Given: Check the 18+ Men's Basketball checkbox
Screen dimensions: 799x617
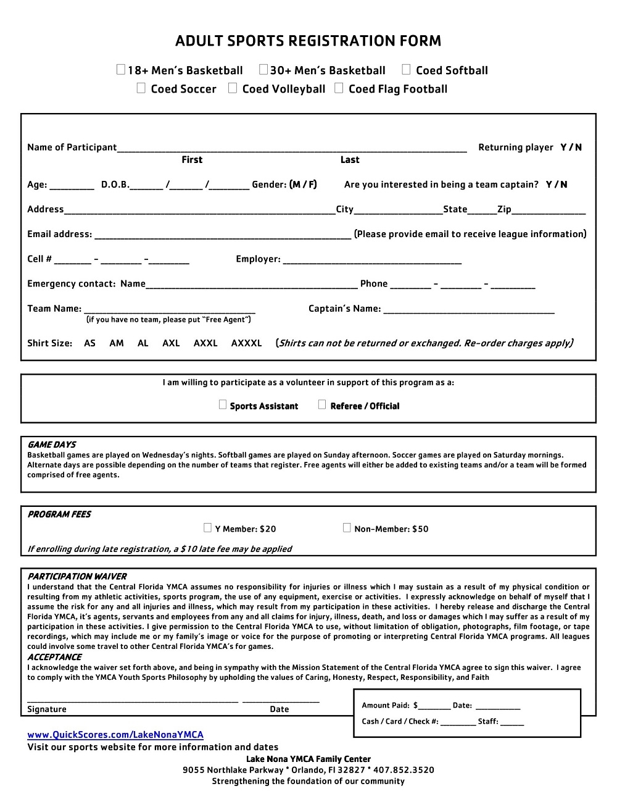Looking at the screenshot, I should click(121, 70).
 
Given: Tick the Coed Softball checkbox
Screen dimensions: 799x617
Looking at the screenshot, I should click(406, 70).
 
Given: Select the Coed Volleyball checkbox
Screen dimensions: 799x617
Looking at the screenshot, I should click(233, 88).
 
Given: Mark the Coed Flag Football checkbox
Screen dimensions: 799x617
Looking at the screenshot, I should click(339, 88).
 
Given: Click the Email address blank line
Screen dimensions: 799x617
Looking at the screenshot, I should click(223, 235).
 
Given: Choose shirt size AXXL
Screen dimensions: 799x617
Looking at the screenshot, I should click(205, 343).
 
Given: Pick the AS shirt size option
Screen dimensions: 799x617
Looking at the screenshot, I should click(90, 343).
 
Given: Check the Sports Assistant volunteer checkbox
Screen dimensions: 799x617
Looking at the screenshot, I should click(223, 405).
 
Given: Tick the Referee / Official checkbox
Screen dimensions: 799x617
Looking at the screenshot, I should click(322, 405).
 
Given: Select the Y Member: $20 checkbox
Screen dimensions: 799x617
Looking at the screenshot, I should click(208, 528).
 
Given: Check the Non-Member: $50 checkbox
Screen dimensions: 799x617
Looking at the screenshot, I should click(347, 528).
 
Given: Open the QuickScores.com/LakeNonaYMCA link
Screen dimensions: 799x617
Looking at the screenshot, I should click(115, 735).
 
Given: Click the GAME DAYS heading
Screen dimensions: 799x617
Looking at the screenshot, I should click(52, 445).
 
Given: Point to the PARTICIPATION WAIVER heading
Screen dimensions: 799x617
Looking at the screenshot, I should click(77, 576).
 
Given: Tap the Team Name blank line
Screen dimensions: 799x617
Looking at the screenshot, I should click(170, 309).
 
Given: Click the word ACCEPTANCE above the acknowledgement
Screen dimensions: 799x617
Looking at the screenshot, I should click(54, 657).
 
